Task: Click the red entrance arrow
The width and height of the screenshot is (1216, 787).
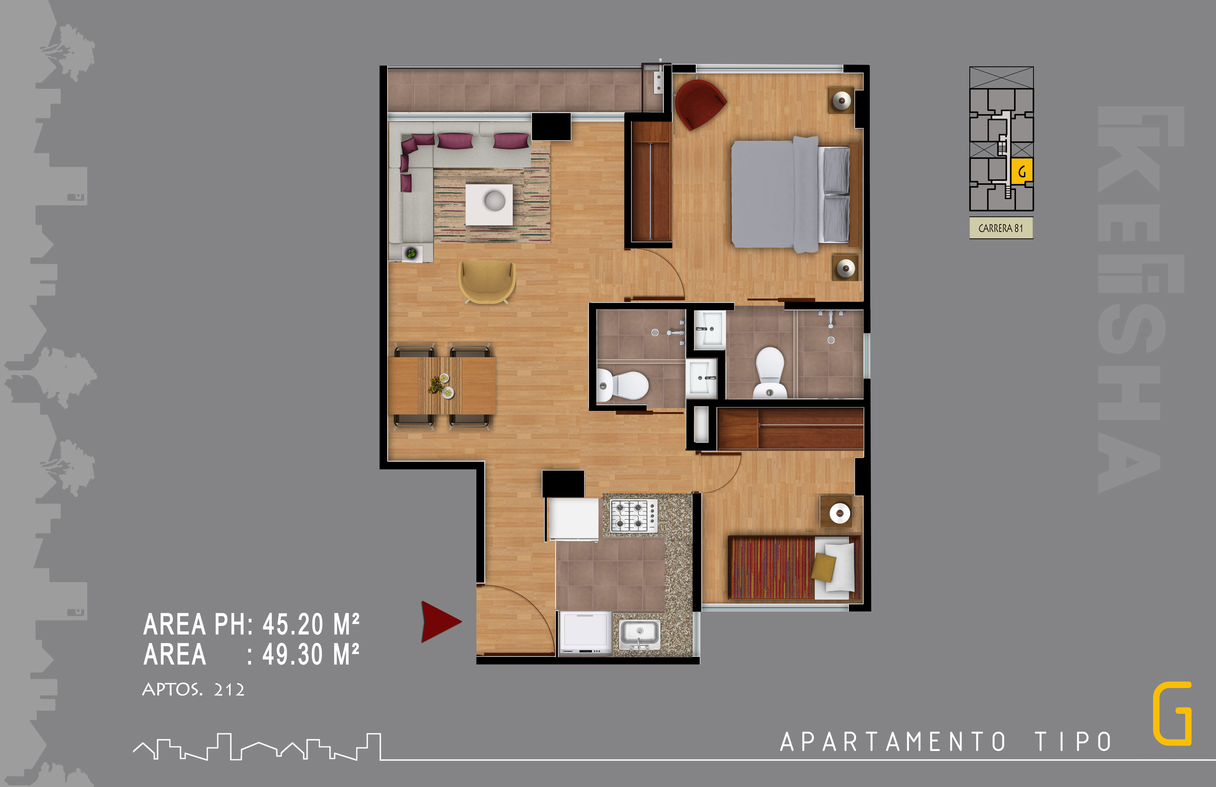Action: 439,621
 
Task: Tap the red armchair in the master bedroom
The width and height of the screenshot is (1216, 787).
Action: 699,104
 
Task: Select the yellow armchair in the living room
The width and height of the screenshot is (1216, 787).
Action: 487,282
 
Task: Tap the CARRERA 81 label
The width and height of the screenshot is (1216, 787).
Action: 1001,228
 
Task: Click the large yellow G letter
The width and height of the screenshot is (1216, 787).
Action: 1172,713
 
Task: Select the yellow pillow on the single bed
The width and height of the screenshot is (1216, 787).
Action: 823,567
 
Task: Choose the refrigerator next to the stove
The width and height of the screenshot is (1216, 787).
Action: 573,519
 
